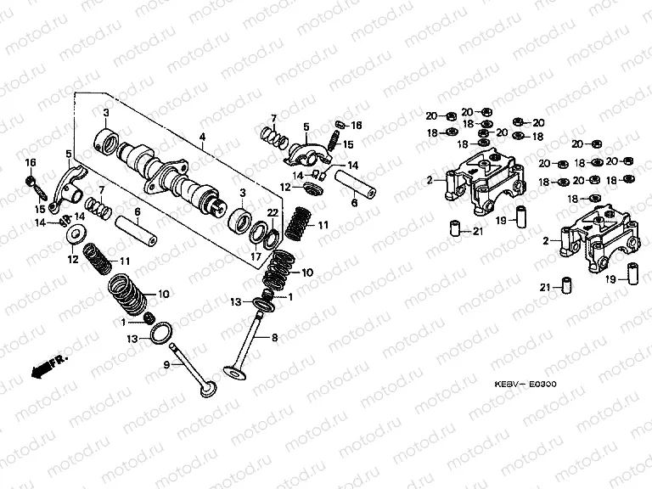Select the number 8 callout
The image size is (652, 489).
[x=274, y=338]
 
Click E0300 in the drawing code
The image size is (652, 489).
[x=542, y=384]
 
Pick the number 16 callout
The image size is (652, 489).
[x=30, y=162]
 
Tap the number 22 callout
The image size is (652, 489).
[x=273, y=212]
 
